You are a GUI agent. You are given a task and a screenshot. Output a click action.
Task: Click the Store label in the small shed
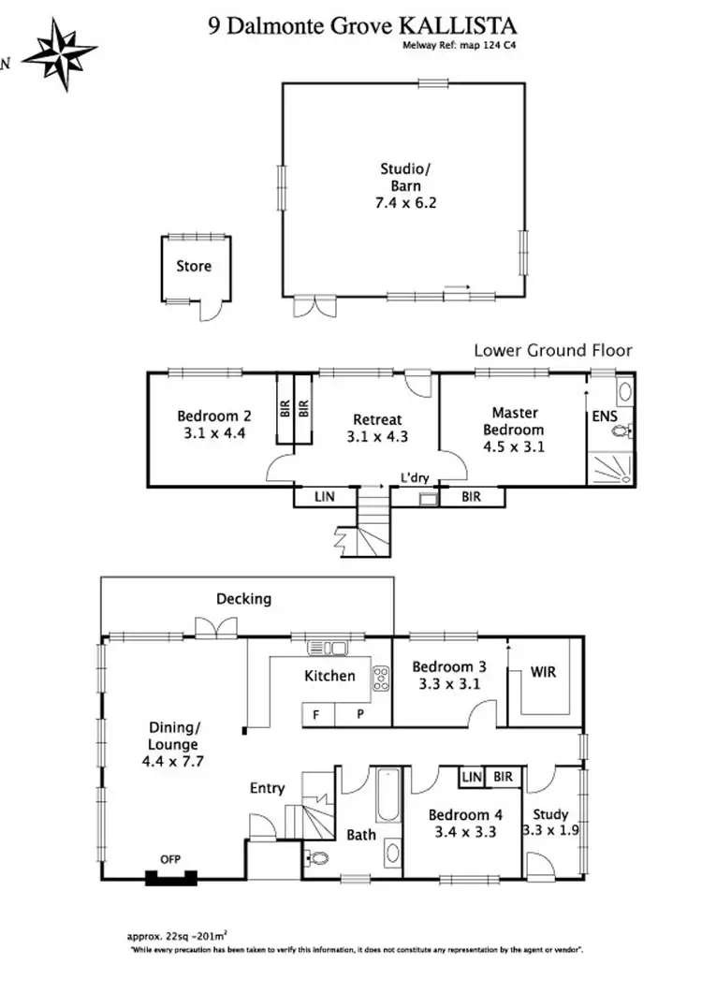click(x=194, y=266)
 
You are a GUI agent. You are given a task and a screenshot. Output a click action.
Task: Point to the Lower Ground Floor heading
click(x=552, y=351)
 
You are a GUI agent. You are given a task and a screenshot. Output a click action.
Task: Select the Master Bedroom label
click(x=514, y=420)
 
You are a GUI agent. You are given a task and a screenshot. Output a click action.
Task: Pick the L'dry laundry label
click(x=415, y=477)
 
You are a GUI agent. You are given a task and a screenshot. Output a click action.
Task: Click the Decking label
click(x=243, y=599)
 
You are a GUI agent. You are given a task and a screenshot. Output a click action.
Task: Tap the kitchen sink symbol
click(x=327, y=647)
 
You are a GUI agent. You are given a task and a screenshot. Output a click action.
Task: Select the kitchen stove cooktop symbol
click(x=382, y=679)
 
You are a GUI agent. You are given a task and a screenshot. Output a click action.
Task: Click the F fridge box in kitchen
click(x=316, y=713)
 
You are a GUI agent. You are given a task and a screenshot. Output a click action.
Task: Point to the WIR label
click(x=543, y=672)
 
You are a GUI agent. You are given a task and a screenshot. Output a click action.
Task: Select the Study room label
click(x=549, y=814)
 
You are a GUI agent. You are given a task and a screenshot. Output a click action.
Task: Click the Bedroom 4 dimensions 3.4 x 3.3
click(x=460, y=830)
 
